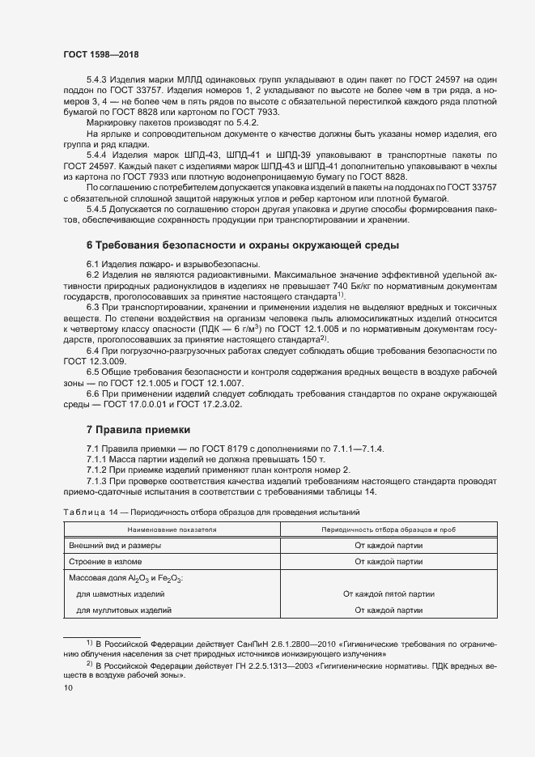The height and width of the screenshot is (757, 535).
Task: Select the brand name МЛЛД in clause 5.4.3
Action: pyautogui.click(x=176, y=79)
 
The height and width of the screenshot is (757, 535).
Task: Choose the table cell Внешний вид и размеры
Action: pyautogui.click(x=115, y=546)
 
